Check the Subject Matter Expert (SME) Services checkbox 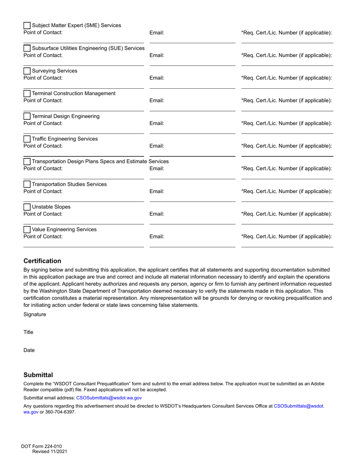27,26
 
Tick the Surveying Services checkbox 27,71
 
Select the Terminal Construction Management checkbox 27,94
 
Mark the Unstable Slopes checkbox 27,207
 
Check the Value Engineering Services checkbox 27,230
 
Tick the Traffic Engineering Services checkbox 27,139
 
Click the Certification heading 42,261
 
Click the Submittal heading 38,375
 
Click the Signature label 34,314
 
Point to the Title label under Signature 28,332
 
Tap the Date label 29,350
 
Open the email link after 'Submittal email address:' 109,398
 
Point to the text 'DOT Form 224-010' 41,446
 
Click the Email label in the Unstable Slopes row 157,214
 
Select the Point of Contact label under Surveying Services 43,78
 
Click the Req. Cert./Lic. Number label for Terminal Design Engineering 286,123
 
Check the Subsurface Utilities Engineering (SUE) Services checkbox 27,48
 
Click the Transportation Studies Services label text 69,185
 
